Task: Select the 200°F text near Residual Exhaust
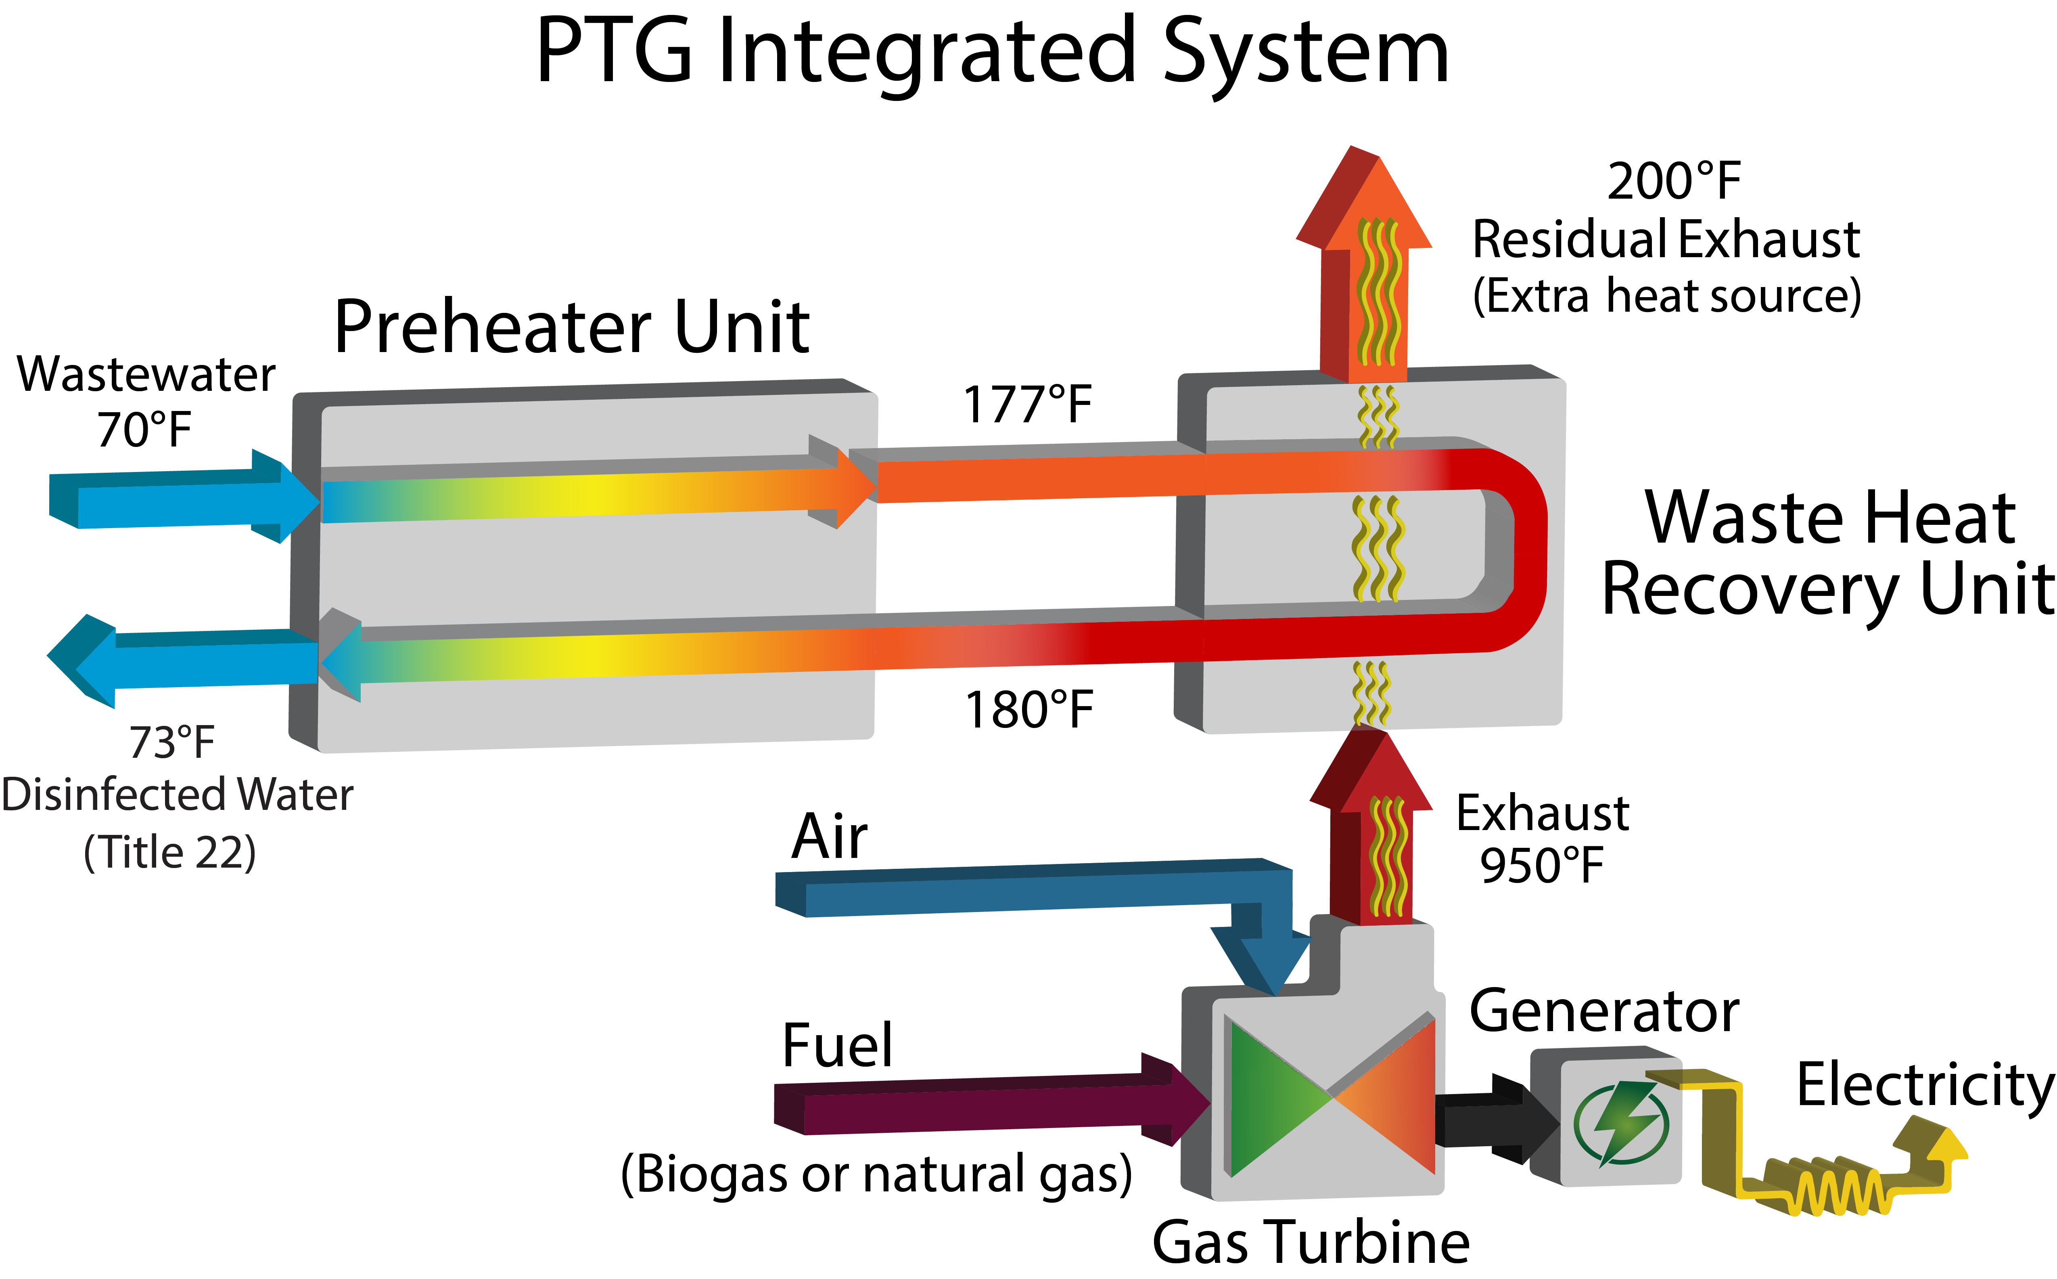[1674, 181]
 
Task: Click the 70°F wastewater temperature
[144, 430]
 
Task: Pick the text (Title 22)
[170, 853]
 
